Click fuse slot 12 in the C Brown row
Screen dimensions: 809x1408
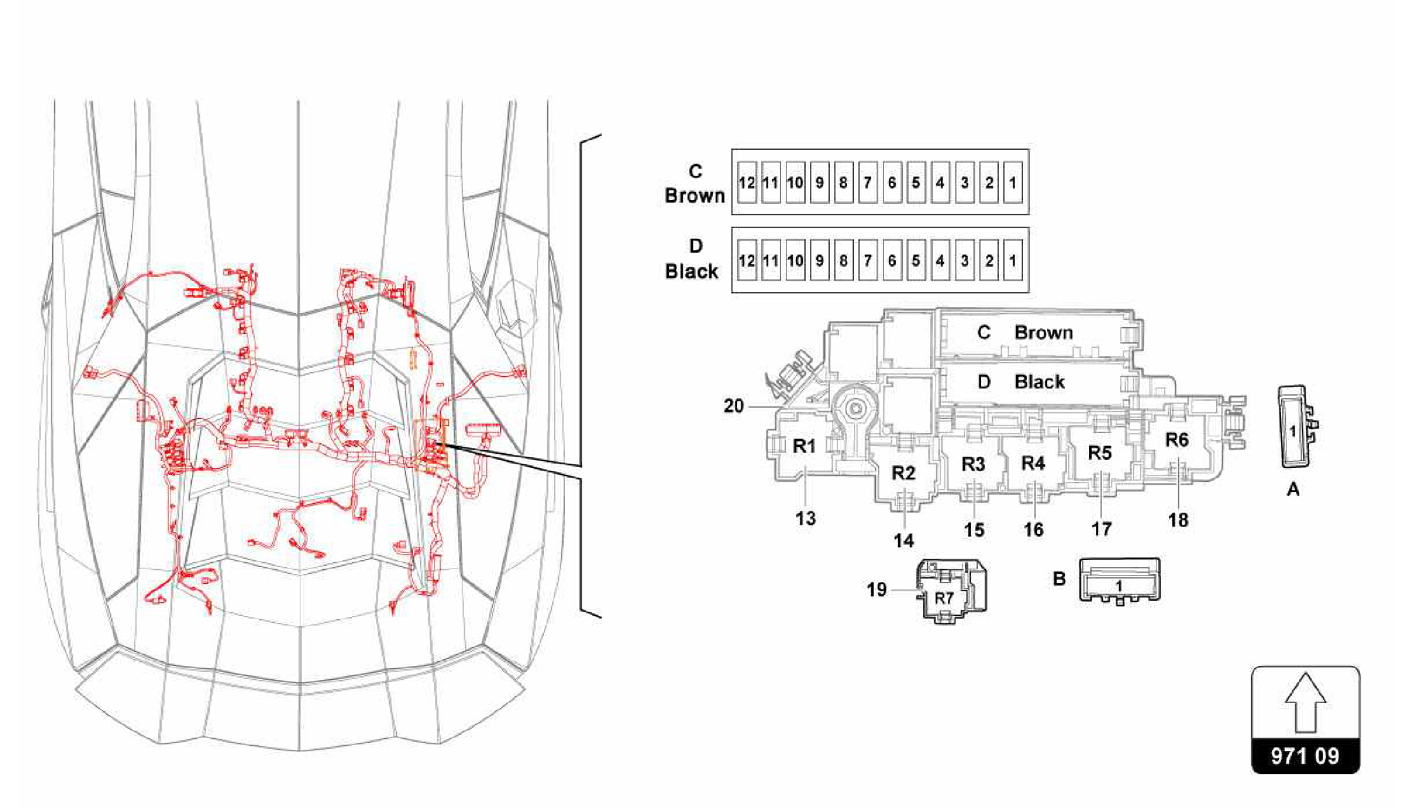click(747, 183)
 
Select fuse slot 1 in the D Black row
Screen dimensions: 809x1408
click(1013, 261)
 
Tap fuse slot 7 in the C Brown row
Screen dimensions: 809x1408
click(868, 183)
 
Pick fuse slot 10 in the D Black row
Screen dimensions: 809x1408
click(795, 261)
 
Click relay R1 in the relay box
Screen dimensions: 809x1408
click(804, 446)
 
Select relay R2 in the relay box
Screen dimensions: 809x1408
click(903, 473)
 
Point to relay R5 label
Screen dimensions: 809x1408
click(1100, 453)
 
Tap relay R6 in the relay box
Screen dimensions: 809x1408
click(1176, 440)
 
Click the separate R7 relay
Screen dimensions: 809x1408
click(944, 598)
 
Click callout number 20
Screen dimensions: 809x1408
click(734, 406)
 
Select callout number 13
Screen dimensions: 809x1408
click(806, 519)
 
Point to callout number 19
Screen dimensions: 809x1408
click(877, 590)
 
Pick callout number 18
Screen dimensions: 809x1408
click(1178, 520)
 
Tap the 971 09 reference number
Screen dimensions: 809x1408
click(1305, 756)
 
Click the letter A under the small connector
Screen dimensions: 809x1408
click(1292, 489)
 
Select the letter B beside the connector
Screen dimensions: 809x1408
click(1059, 579)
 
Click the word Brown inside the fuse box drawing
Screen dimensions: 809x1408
click(1044, 333)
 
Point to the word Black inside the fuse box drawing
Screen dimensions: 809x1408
click(1039, 382)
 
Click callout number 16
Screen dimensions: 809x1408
click(1033, 530)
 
